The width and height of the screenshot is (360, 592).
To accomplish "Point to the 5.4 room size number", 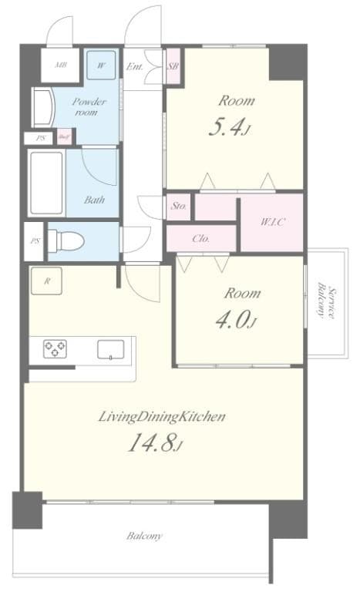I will pos(228,128).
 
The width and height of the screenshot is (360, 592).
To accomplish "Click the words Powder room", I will pos(89,106).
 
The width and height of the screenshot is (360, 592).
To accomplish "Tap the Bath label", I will pos(95,200).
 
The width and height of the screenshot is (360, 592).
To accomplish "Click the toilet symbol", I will pos(66,240).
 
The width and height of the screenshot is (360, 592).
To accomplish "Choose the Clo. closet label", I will pos(200,239).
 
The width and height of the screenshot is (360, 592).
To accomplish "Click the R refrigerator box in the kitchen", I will pos(47,281).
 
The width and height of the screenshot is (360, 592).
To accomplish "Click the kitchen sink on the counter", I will pos(111,350).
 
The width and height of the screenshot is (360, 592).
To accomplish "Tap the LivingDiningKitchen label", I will pos(161,417).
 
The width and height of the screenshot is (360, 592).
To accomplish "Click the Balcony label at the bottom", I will pos(144,536).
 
